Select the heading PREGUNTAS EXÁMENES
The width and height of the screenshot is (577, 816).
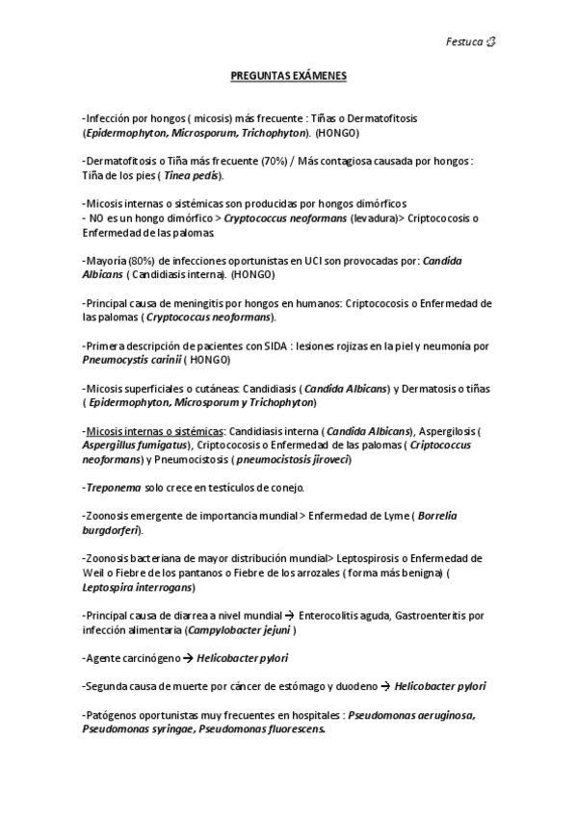pyautogui.click(x=288, y=74)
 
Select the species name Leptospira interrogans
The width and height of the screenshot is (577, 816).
pyautogui.click(x=138, y=586)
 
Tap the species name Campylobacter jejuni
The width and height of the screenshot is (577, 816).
pyautogui.click(x=241, y=629)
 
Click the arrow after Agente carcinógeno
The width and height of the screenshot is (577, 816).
pyautogui.click(x=187, y=658)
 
